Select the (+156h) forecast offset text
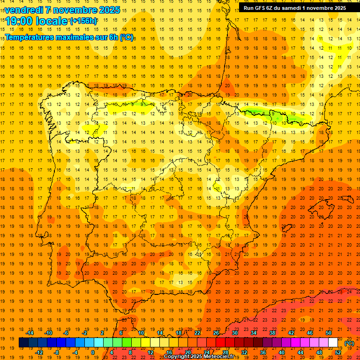point(83,21)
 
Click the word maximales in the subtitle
point(80,37)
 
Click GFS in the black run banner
point(260,8)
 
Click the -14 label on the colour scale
point(30,333)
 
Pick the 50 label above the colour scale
point(329,333)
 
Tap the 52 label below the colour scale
point(338,352)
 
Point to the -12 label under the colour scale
point(39,352)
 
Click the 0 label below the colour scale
point(93,352)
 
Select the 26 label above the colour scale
point(216,333)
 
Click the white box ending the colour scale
point(333,343)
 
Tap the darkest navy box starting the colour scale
point(23,343)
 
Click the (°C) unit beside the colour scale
point(349,343)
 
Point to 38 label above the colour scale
point(272,333)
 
